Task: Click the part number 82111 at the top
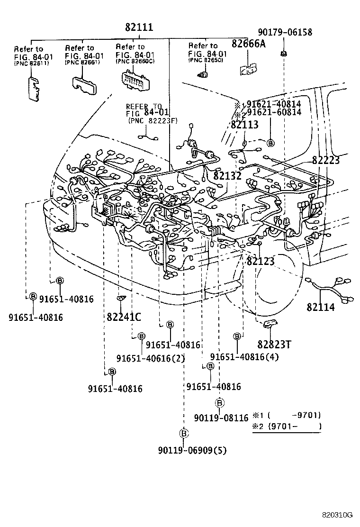pyautogui.click(x=139, y=28)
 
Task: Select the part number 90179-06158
pyautogui.click(x=285, y=32)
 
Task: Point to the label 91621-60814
pyautogui.click(x=274, y=112)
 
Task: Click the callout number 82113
pyautogui.click(x=244, y=125)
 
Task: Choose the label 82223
pyautogui.click(x=325, y=161)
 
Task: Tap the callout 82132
pyautogui.click(x=227, y=176)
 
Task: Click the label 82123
pyautogui.click(x=260, y=261)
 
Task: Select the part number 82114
pyautogui.click(x=320, y=307)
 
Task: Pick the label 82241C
pyautogui.click(x=125, y=317)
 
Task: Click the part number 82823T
pyautogui.click(x=274, y=344)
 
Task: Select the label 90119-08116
pyautogui.click(x=221, y=418)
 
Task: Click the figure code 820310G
pyautogui.click(x=338, y=515)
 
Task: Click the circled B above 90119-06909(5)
pyautogui.click(x=184, y=433)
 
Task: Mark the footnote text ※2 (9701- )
pyautogui.click(x=287, y=427)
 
